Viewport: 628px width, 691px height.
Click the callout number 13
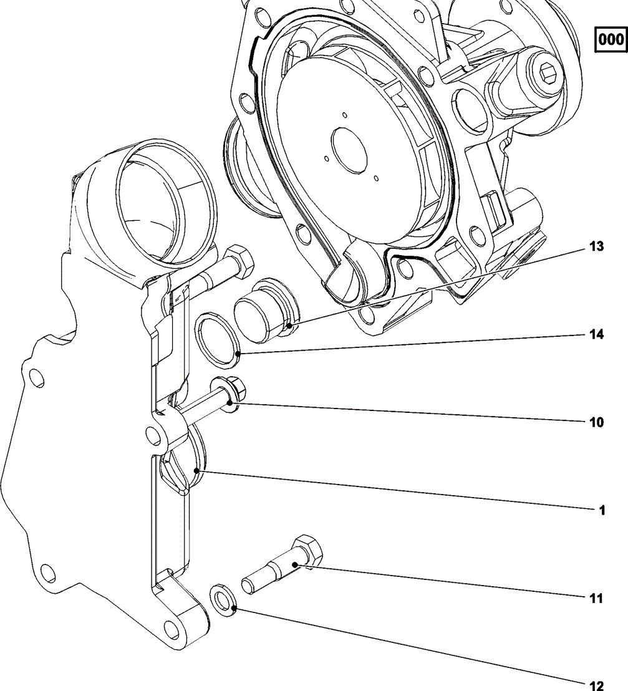click(597, 246)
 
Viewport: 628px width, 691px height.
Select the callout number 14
click(597, 335)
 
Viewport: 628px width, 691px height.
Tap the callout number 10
click(597, 422)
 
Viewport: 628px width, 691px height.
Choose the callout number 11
click(597, 598)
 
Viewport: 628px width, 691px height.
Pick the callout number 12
click(597, 685)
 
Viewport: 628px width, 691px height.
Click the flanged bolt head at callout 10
click(228, 391)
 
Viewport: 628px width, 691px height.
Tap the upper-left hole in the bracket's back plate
click(36, 377)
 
